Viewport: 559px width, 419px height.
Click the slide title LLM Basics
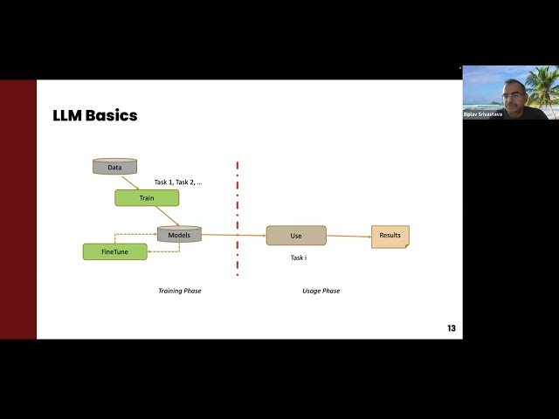95,116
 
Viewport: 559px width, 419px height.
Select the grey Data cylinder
114,167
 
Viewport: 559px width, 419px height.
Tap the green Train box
147,198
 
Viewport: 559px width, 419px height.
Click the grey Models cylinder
179,234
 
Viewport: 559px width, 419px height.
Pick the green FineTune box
114,251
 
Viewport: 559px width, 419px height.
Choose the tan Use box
296,236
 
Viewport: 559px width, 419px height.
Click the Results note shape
390,236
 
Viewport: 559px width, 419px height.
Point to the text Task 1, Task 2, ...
178,182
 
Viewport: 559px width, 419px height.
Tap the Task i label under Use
300,258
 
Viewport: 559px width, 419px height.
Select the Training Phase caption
179,291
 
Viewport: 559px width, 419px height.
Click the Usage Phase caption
314,291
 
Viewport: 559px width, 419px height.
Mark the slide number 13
451,328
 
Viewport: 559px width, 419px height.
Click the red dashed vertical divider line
237,218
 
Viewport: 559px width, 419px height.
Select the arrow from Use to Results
349,236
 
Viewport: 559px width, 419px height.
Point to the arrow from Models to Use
233,235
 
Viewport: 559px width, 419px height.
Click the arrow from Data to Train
130,182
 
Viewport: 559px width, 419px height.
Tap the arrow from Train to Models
168,216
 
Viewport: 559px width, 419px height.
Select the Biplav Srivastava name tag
484,113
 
